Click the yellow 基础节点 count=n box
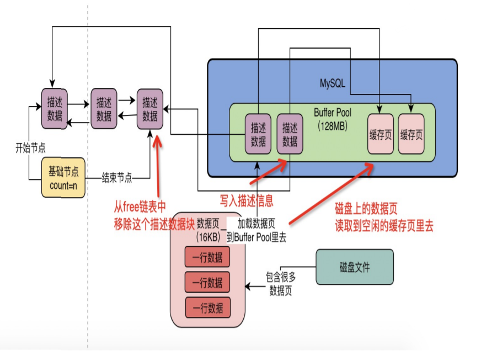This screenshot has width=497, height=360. coord(63,177)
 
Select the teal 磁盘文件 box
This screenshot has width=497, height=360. coord(354,267)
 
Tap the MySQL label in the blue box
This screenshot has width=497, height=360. coord(332,83)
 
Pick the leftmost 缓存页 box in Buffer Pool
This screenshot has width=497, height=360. coord(380,134)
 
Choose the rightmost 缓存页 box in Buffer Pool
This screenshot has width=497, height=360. coord(411,134)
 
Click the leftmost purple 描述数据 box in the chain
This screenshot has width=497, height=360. coord(55,108)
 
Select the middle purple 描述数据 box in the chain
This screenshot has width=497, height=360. coord(104,108)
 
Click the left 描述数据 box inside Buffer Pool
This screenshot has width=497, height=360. coord(258,134)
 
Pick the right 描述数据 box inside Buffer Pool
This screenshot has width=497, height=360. coord(290,134)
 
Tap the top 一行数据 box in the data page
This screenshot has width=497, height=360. coord(207,257)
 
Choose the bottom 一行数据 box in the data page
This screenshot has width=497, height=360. coord(207,308)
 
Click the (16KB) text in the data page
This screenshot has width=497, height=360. coord(208,237)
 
